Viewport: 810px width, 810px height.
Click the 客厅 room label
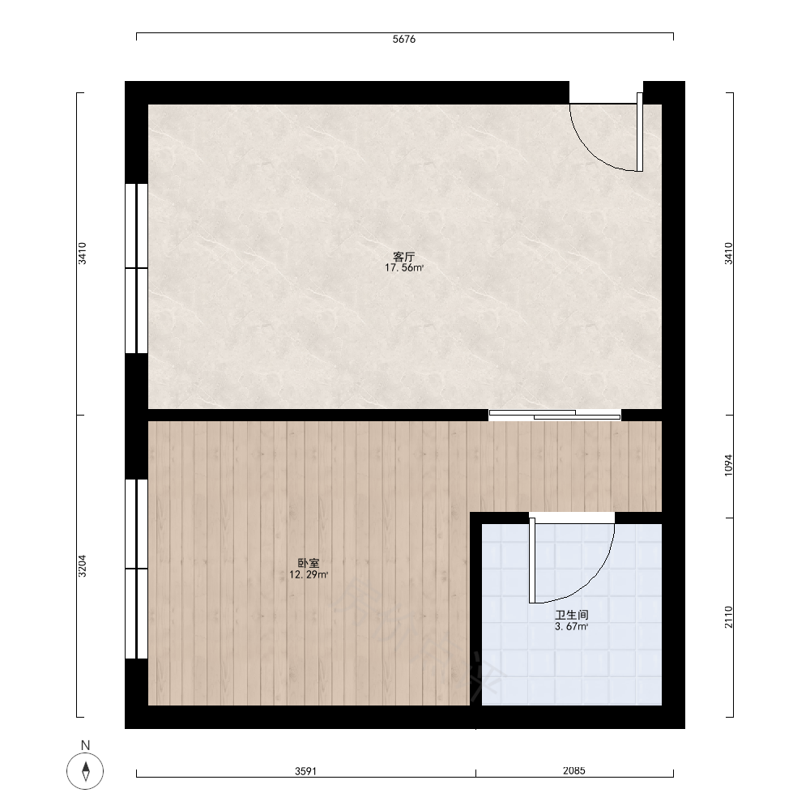(x=404, y=257)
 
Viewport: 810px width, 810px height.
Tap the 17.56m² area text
(x=404, y=267)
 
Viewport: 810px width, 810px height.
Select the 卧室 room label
(x=309, y=563)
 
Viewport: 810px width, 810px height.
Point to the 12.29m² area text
(x=309, y=574)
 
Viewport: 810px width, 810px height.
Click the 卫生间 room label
(x=572, y=615)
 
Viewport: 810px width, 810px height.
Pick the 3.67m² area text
(x=572, y=627)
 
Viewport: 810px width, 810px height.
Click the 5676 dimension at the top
(x=404, y=39)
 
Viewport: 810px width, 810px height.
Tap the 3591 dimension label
(x=306, y=771)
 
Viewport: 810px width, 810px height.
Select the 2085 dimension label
(x=574, y=771)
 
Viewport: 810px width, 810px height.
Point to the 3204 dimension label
(x=82, y=565)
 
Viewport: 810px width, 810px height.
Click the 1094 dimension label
(x=728, y=465)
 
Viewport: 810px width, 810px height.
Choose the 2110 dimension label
(x=728, y=616)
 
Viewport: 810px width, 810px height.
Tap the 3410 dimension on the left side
(x=82, y=253)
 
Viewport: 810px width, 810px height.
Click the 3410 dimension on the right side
(x=728, y=253)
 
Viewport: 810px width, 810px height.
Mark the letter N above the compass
(x=85, y=745)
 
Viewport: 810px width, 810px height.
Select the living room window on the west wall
(x=136, y=268)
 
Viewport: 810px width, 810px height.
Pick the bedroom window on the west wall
(x=136, y=569)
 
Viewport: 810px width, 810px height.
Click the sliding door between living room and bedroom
(x=555, y=415)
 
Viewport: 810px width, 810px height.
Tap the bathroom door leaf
(x=532, y=561)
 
